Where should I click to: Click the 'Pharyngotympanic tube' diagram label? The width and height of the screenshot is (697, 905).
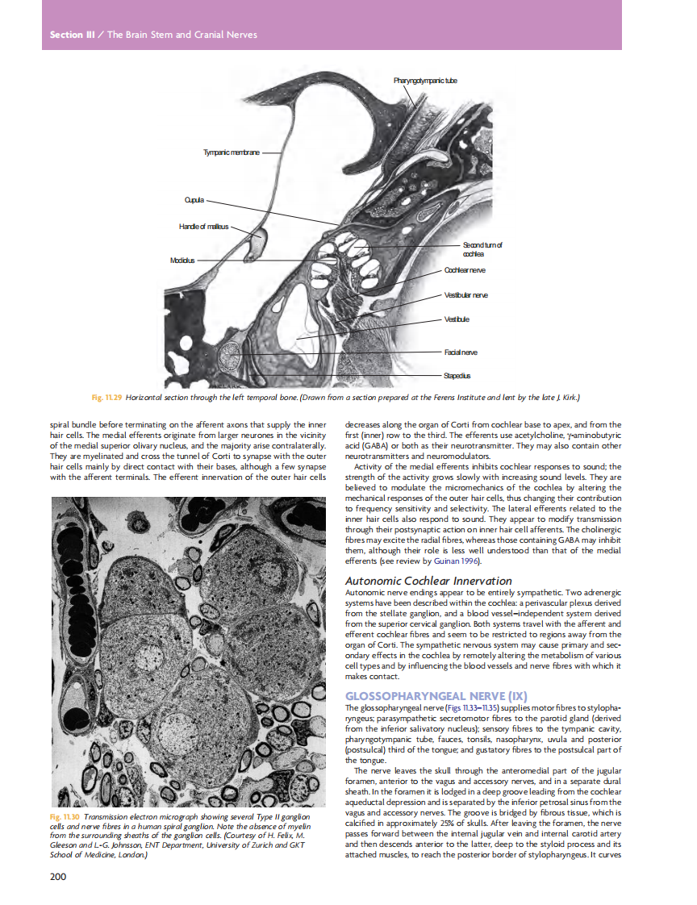pos(426,81)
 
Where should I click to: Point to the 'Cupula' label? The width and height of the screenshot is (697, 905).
pos(195,198)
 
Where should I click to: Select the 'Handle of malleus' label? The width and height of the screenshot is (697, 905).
pos(204,226)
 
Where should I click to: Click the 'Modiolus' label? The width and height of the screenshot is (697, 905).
pos(183,261)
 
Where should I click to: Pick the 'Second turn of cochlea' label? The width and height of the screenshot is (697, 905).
pos(482,249)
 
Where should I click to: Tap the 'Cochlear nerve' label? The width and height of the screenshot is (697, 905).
pos(465,269)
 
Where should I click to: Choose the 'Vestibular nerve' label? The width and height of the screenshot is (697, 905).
pos(466,296)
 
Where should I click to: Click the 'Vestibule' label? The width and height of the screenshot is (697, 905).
pos(457,320)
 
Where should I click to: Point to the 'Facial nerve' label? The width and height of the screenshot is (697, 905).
pos(461,352)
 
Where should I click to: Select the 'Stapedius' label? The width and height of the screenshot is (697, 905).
pos(457,376)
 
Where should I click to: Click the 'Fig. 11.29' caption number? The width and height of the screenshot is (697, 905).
pos(107,398)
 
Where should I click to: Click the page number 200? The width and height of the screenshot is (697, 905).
pos(57,877)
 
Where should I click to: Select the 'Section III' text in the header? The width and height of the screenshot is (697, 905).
pos(66,35)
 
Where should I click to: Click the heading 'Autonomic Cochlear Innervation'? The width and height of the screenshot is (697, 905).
pos(428,581)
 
